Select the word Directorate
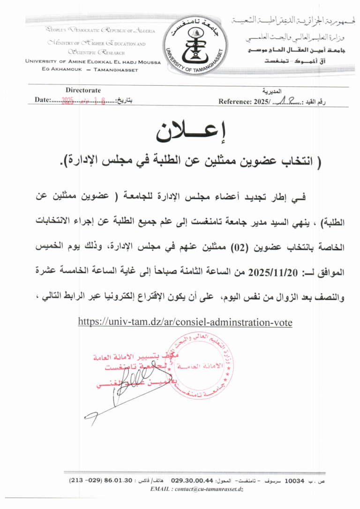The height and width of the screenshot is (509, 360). (x=83, y=90)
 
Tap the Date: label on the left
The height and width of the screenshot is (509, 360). (x=43, y=100)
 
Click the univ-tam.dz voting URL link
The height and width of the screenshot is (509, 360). (x=185, y=322)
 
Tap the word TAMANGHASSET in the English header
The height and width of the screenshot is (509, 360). (x=116, y=69)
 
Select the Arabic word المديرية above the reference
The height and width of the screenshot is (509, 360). (x=271, y=91)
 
